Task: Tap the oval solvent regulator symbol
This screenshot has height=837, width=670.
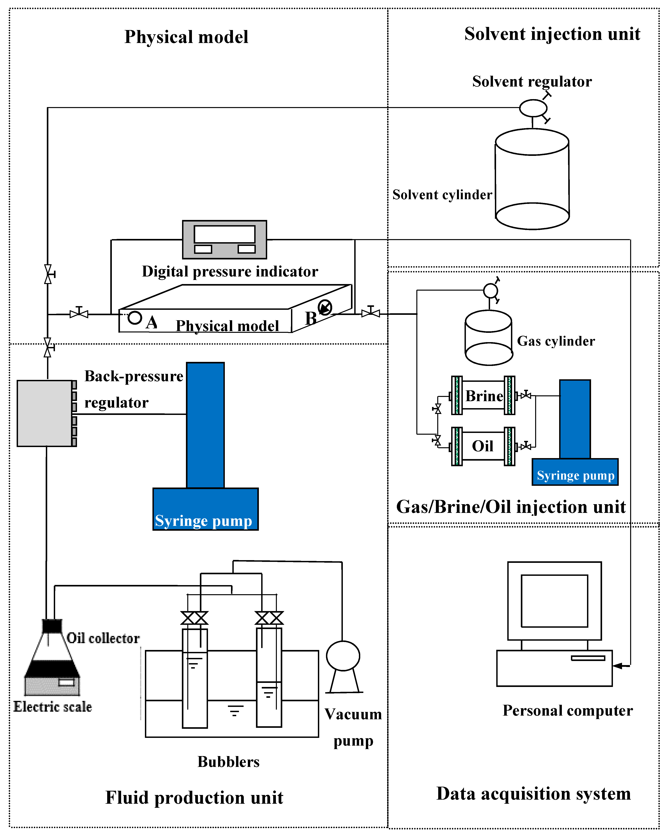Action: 533,108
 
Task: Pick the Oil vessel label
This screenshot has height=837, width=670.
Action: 483,446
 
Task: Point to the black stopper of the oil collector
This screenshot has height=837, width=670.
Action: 52,626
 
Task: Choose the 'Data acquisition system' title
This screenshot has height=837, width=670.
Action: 533,793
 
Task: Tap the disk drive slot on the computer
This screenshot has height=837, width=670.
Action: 588,658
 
